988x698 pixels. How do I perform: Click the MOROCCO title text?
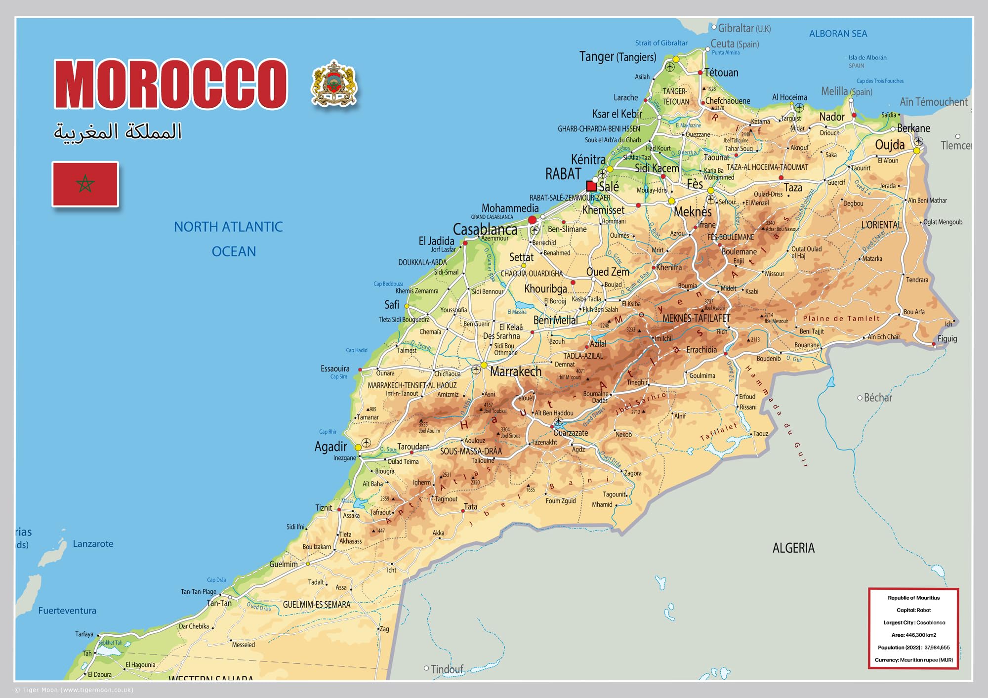click(170, 84)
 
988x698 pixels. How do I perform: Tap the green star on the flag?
click(85, 184)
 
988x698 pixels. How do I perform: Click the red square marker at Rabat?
click(591, 186)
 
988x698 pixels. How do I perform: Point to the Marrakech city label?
click(516, 371)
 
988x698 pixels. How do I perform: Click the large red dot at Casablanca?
click(532, 220)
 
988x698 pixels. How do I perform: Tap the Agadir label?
click(330, 447)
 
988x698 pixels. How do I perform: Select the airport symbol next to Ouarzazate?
click(558, 421)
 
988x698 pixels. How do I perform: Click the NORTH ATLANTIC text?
click(228, 227)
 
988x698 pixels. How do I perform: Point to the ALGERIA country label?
click(793, 548)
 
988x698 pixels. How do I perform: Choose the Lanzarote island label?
click(93, 544)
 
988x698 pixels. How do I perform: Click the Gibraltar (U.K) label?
click(744, 28)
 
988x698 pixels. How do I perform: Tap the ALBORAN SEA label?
click(838, 34)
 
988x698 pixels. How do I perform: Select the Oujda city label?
click(890, 145)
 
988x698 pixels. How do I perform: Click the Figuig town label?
click(947, 339)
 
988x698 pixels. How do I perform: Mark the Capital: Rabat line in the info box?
click(913, 610)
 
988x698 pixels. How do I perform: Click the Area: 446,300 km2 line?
click(913, 635)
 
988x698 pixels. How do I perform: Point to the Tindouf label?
click(447, 669)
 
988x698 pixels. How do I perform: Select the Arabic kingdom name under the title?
click(118, 132)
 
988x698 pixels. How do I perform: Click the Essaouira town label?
click(335, 369)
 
